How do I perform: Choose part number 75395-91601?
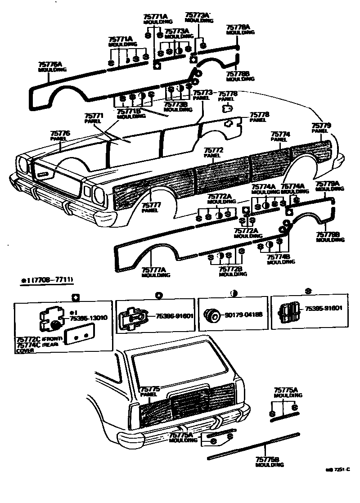324,309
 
